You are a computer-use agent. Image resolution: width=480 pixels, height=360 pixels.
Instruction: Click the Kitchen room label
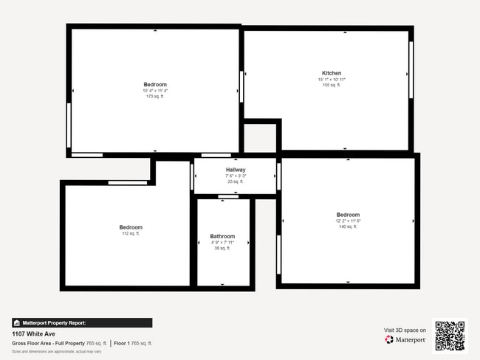[x=332, y=73]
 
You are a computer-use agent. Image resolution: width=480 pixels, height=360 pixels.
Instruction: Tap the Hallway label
[x=236, y=170]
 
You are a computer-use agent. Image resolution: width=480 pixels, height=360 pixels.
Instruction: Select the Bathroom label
[x=222, y=237]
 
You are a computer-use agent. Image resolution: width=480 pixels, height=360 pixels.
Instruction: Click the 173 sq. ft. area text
[x=155, y=97]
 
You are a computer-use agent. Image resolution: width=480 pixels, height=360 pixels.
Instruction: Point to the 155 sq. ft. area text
[x=332, y=85]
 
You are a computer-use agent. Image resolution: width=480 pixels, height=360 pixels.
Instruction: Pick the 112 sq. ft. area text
[x=131, y=233]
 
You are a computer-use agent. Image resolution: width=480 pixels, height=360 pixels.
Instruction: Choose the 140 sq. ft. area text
[x=348, y=226]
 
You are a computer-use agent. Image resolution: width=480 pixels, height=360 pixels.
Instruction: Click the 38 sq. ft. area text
[x=222, y=249]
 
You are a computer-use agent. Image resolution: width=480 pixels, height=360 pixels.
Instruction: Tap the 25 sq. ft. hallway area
[x=236, y=181]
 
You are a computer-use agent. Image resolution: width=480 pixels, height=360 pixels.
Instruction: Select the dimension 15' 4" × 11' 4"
[x=155, y=91]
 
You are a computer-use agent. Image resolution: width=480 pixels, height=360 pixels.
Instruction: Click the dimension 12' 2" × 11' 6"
[x=348, y=221]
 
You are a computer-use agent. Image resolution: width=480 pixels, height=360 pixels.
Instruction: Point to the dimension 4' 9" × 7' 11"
[x=222, y=243]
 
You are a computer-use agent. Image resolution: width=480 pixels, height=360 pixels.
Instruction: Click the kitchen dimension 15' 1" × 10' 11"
[x=332, y=79]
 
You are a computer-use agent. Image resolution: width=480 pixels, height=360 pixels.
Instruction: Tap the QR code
[x=450, y=336]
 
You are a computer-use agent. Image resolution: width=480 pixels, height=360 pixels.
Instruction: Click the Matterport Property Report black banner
[x=82, y=322]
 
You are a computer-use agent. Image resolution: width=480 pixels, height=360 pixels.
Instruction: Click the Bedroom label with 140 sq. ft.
[x=348, y=215]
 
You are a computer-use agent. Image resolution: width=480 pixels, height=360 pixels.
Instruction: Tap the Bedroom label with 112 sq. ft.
[x=131, y=227]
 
